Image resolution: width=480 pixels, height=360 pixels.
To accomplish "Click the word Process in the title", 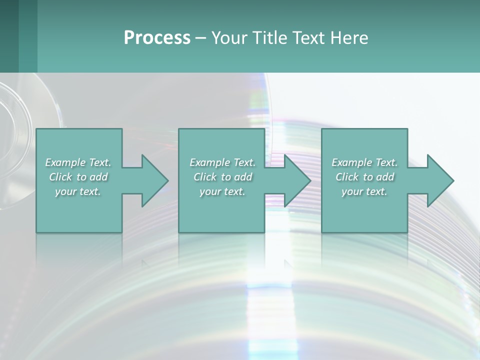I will [157, 38].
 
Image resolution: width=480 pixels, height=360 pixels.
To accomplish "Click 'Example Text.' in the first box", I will [78, 162].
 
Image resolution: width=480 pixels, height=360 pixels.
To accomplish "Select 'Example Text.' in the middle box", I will [222, 162].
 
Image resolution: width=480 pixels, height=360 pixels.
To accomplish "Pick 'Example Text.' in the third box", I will [364, 162].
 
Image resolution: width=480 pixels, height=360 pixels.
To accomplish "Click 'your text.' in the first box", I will [78, 191].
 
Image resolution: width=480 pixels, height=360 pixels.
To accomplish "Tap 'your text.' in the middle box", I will [222, 191].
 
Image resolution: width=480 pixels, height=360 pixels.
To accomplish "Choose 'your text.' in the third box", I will [364, 191].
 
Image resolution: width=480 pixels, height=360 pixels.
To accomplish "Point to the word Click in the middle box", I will [205, 177].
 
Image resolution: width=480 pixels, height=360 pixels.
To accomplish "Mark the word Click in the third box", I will [347, 177].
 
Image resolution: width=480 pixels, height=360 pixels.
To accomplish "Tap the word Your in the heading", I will [228, 38].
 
